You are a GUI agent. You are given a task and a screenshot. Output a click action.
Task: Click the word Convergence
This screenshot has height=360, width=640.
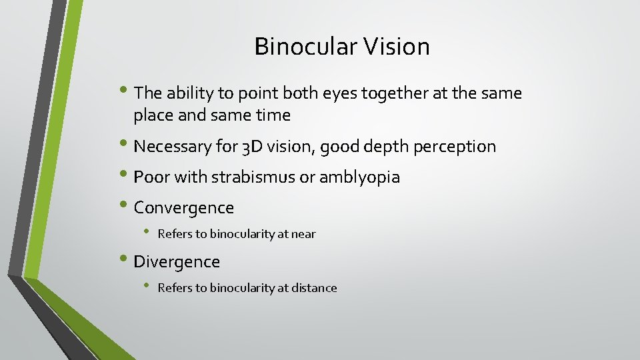184,208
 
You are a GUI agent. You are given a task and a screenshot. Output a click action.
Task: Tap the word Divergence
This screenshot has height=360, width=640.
177,262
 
